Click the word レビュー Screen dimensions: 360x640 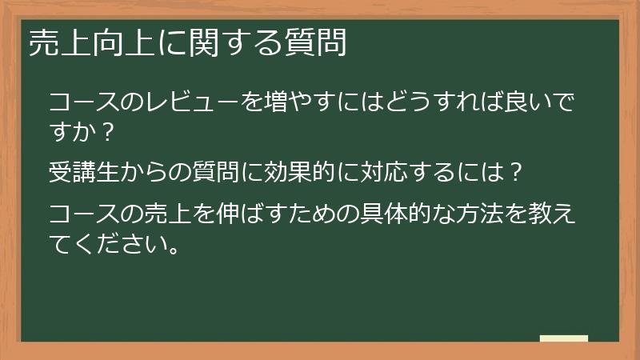(186, 103)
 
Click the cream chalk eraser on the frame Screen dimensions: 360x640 (564, 339)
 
